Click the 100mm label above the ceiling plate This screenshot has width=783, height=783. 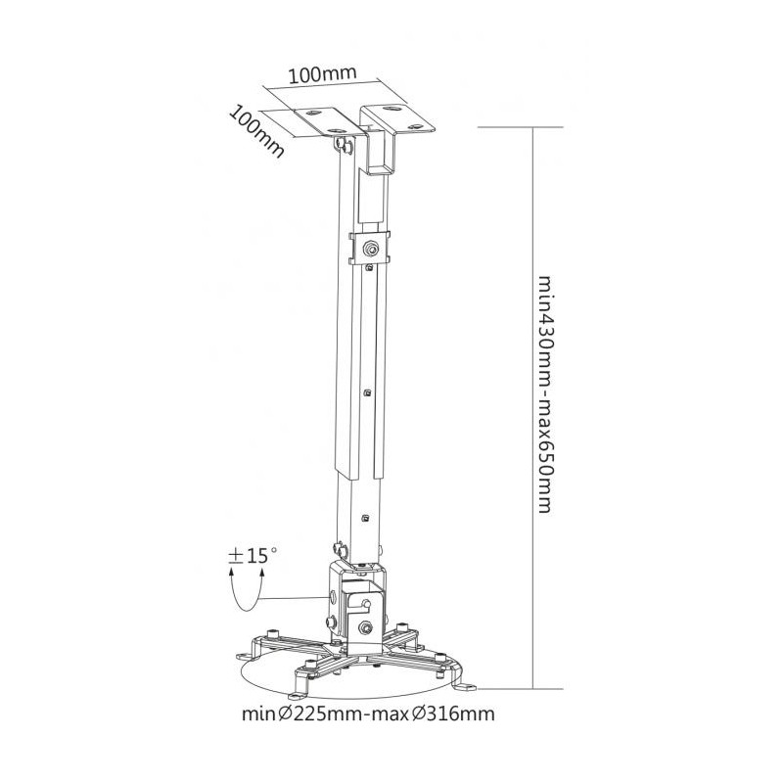pyautogui.click(x=323, y=74)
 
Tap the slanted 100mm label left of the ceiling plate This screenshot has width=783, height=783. pyautogui.click(x=256, y=131)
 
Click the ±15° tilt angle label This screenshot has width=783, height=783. pyautogui.click(x=253, y=555)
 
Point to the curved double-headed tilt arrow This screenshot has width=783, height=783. pyautogui.click(x=246, y=594)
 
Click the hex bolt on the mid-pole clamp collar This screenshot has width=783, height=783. pyautogui.click(x=370, y=247)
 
